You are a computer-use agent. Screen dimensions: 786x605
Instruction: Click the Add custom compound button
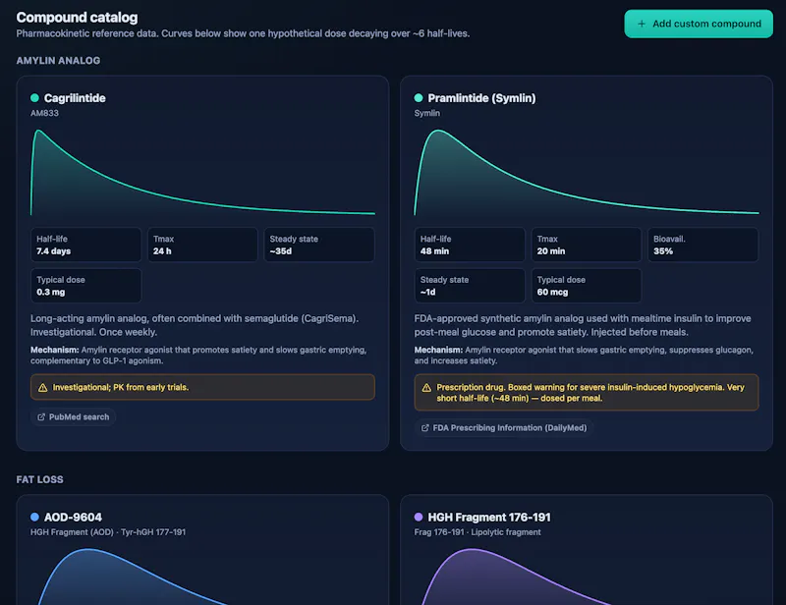coord(699,24)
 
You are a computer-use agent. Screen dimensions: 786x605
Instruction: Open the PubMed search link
coord(73,416)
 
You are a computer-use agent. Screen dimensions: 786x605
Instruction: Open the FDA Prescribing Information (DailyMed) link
coord(504,427)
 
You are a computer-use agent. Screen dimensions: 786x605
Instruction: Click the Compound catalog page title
coord(77,18)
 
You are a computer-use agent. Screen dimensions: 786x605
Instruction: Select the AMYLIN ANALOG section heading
coord(58,61)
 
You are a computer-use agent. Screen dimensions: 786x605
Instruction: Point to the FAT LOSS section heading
coord(39,479)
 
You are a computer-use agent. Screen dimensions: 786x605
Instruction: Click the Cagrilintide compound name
coord(75,98)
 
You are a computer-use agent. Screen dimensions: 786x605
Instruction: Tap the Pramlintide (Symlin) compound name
coord(481,98)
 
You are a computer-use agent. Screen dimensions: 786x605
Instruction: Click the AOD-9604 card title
coord(73,518)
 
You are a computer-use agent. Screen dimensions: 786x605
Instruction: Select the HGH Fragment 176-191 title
coord(489,518)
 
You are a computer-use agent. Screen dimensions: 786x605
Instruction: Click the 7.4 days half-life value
coord(54,251)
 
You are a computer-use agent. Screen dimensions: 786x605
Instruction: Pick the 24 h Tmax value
coord(162,251)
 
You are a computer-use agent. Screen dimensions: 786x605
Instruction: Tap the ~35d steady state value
coord(281,251)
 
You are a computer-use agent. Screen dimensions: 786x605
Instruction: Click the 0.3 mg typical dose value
coord(51,293)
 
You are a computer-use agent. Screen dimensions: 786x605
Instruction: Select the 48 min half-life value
coord(434,251)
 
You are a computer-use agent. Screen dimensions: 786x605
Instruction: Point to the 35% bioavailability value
coord(663,251)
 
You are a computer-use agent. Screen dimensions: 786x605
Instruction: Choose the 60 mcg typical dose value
coord(552,293)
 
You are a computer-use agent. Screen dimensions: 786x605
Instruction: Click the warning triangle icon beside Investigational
coord(43,388)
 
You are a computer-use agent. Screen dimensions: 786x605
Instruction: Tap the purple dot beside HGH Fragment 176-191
coord(419,517)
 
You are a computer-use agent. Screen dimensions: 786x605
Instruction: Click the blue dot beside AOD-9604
coord(34,517)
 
